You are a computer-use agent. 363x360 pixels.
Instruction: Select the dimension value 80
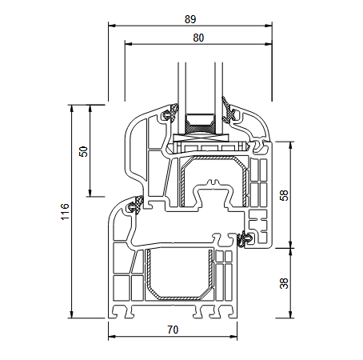197,37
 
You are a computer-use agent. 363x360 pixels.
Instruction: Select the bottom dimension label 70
173,329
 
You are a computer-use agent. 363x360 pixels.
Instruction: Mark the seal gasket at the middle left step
134,206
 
